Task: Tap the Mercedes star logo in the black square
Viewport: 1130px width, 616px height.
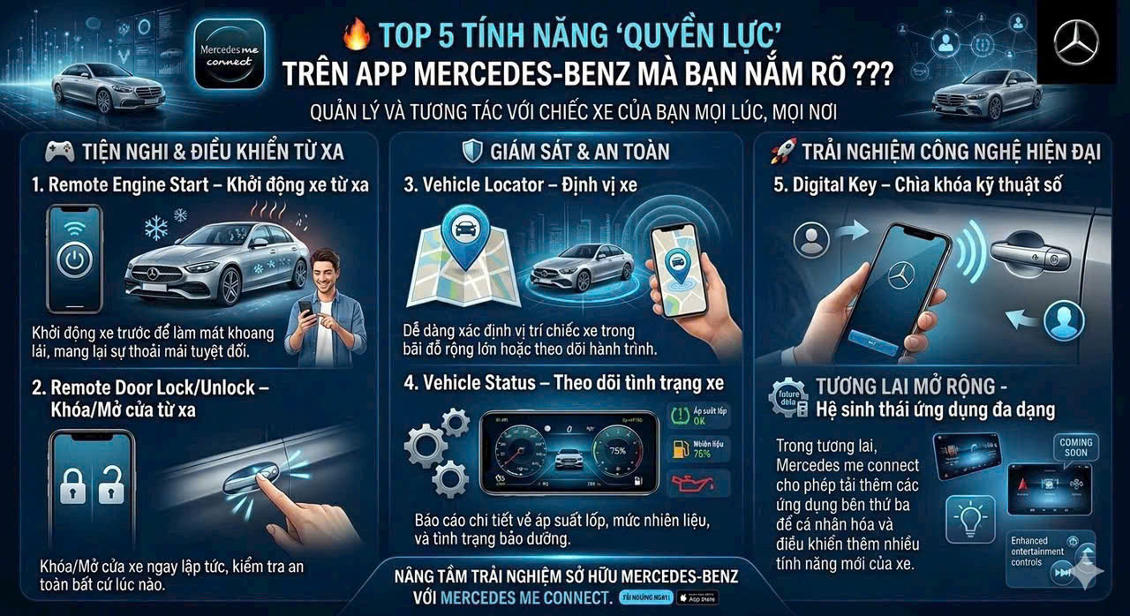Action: [x=1076, y=42]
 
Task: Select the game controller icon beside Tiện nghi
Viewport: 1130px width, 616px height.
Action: [x=59, y=152]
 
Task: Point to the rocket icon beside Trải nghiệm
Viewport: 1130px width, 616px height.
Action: [x=782, y=152]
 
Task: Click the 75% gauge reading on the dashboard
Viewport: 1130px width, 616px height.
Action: [x=615, y=452]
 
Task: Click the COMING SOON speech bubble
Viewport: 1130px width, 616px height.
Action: [x=1076, y=447]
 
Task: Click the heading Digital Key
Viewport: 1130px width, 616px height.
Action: [x=915, y=186]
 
